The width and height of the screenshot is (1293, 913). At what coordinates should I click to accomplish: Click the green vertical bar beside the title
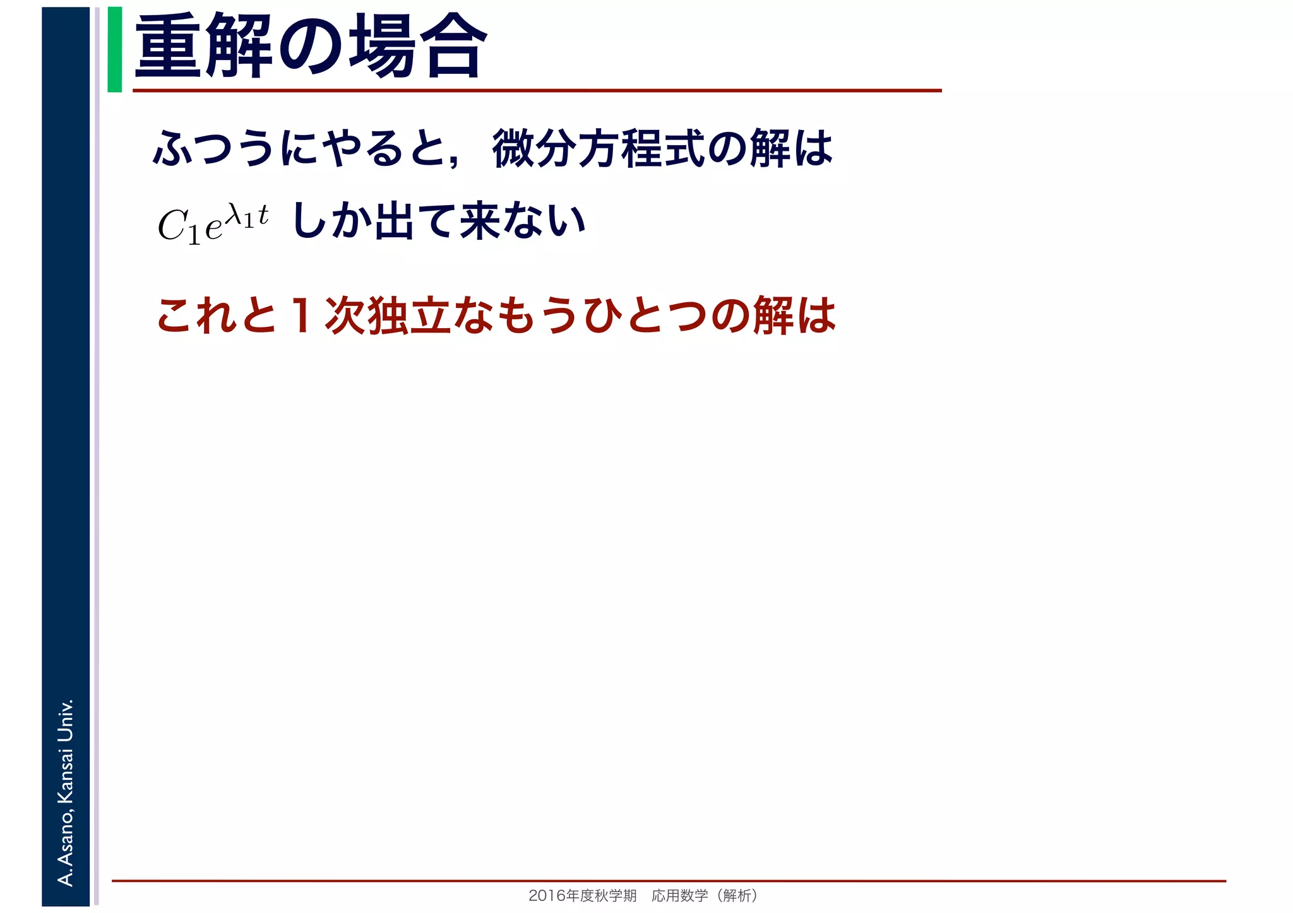coord(114,49)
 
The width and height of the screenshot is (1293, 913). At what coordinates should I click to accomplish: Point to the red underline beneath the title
coord(537,91)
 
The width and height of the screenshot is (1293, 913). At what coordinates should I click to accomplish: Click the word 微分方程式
coord(597,149)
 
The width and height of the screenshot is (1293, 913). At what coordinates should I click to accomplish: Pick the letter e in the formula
coord(214,228)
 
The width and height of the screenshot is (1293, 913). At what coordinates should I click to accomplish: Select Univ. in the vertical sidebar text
coord(66,720)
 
